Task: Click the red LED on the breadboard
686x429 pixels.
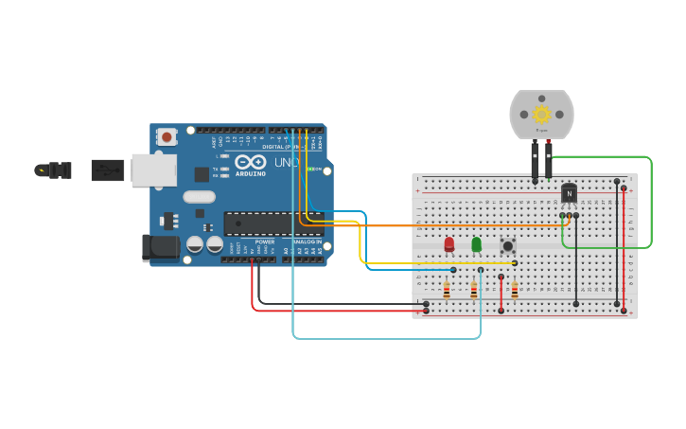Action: [449, 244]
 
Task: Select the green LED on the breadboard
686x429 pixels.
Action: [476, 244]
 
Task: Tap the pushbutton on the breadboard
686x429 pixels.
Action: [508, 245]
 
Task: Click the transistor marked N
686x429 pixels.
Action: [569, 193]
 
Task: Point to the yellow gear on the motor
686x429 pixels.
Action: [541, 115]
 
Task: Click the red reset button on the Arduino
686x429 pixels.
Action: [167, 136]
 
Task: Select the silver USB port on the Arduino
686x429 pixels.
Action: [152, 170]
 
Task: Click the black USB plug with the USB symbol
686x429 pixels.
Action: [107, 170]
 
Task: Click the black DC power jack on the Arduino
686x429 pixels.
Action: [159, 247]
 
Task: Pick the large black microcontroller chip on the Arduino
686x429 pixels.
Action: [272, 223]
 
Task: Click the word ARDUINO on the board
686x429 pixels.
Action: [251, 174]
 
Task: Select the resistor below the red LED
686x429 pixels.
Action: [447, 290]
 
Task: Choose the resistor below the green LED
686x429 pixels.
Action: [474, 290]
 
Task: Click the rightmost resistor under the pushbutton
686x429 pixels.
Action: [515, 290]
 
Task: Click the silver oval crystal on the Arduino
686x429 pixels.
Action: [199, 197]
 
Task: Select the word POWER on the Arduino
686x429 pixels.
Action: [264, 241]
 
